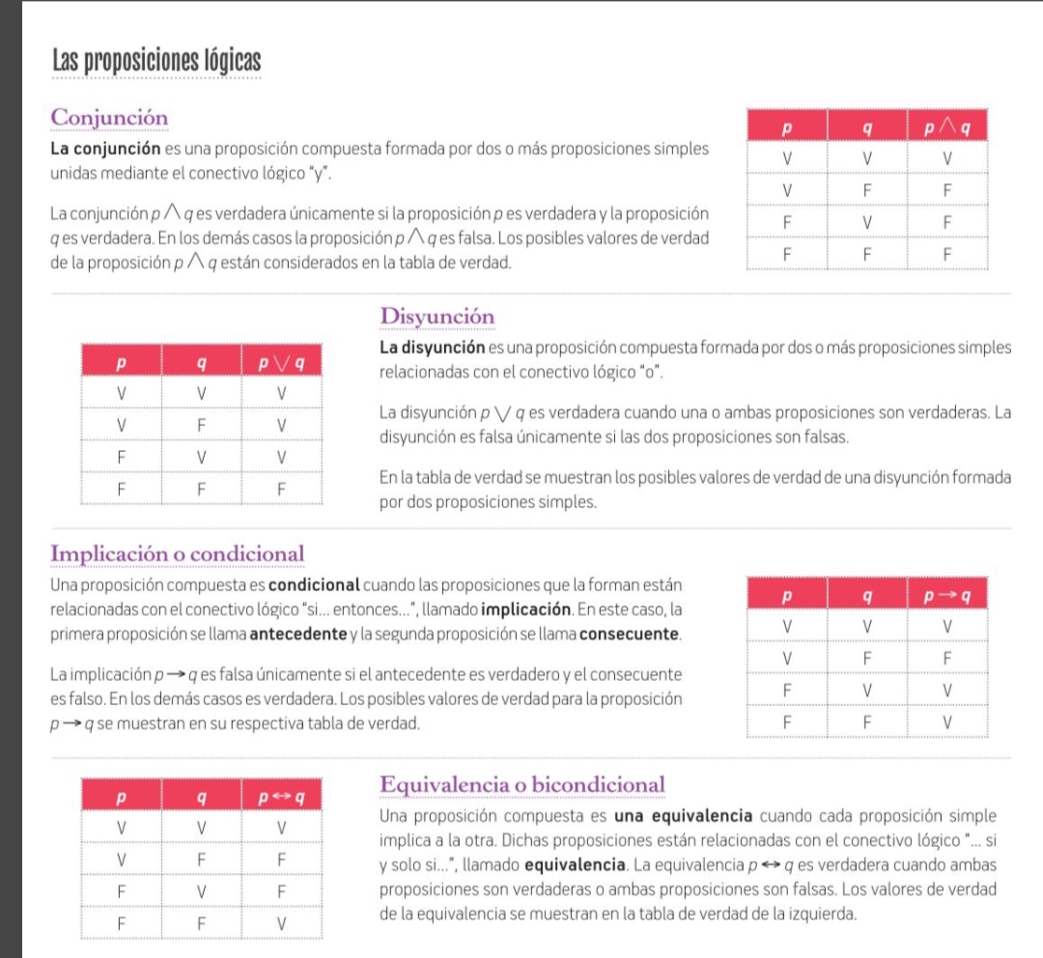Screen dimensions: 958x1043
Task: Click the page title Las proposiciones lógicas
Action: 156,60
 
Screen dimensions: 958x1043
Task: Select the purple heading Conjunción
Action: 109,117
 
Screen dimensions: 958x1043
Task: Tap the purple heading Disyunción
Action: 437,317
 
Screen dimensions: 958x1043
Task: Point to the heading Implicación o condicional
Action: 177,554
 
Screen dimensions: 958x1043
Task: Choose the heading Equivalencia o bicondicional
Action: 522,784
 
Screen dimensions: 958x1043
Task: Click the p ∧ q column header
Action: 946,127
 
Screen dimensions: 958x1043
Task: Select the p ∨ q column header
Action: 280,364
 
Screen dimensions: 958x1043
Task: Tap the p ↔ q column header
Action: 280,798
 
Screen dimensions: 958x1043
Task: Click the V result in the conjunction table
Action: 946,157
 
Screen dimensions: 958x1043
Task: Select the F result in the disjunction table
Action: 280,489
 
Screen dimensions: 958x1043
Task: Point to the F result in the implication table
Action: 946,658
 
